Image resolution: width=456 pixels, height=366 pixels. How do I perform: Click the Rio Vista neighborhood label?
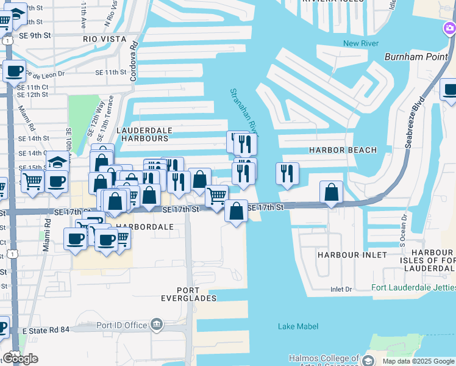coord(105,39)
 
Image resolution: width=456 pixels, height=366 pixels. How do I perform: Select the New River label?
coord(361,43)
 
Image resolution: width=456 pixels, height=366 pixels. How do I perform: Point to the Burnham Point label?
coord(411,57)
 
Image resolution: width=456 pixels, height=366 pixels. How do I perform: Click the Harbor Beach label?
coord(343,149)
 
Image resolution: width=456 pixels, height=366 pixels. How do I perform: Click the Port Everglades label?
coord(196,294)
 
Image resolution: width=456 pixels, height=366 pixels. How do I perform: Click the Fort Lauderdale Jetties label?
coord(414,288)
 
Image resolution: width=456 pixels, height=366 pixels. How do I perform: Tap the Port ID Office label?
coord(122,325)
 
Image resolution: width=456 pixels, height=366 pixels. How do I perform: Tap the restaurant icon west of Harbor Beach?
coord(287,173)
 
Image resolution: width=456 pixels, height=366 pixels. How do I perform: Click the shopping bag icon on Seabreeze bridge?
coord(331,192)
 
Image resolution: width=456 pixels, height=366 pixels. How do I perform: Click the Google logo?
coord(20,359)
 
